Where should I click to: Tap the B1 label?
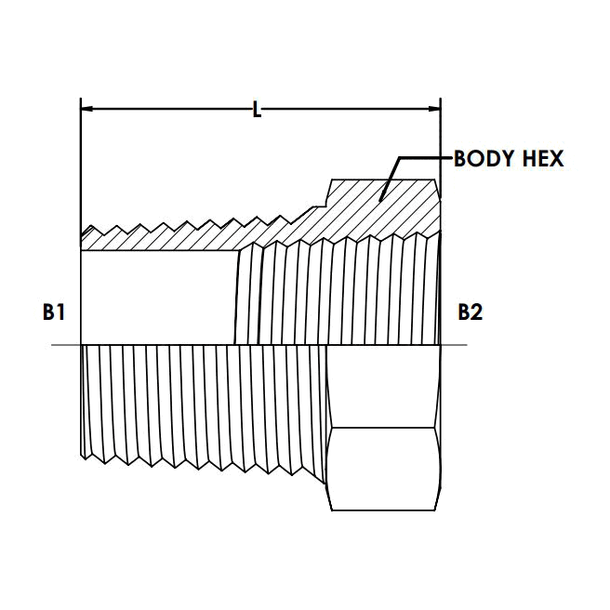(x=54, y=312)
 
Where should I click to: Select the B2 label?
(x=470, y=312)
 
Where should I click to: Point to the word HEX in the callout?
(x=543, y=159)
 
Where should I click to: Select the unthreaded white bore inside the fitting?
(x=158, y=298)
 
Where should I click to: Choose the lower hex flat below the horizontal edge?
(x=384, y=469)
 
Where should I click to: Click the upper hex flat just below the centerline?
(x=384, y=386)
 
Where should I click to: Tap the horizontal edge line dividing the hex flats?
(x=384, y=428)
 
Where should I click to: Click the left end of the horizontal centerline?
(x=54, y=346)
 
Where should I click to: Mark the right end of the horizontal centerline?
(x=464, y=346)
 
